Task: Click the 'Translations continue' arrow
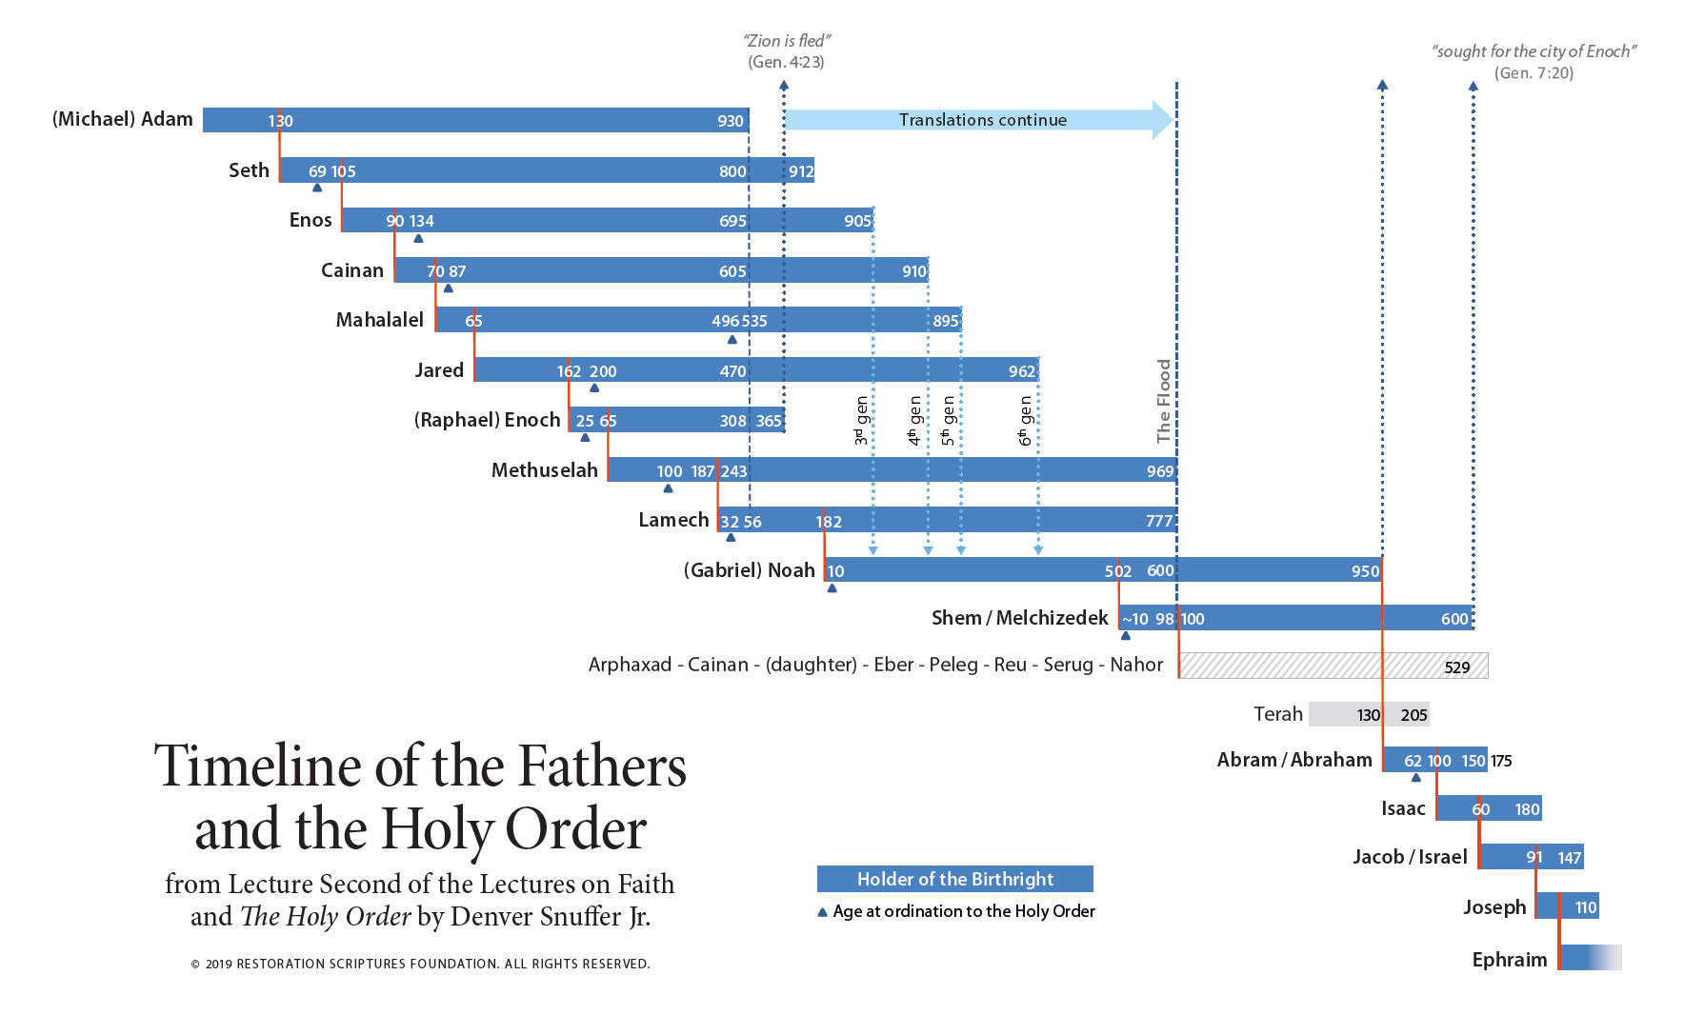[x=981, y=120]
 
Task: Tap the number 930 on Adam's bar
[x=730, y=121]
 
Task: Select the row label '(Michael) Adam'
[x=122, y=119]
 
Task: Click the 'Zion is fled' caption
[x=786, y=41]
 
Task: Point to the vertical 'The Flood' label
[x=1163, y=401]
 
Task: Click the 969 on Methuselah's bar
[x=1159, y=471]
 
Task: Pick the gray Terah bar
[x=1368, y=714]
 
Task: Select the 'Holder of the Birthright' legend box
[x=954, y=879]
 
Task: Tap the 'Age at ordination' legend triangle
[x=822, y=912]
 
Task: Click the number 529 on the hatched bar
[x=1456, y=667]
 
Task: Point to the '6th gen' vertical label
[x=1025, y=421]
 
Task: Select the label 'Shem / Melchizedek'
[x=1019, y=618]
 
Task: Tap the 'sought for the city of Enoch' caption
[x=1534, y=51]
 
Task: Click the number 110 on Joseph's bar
[x=1585, y=907]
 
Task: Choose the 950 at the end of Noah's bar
[x=1364, y=571]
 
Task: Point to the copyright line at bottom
[x=420, y=964]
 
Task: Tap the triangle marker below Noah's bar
[x=832, y=588]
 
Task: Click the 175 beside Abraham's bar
[x=1501, y=761]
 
